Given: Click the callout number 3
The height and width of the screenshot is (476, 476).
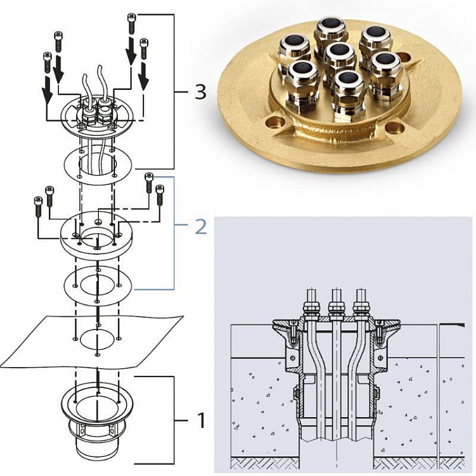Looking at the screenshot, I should [x=200, y=93].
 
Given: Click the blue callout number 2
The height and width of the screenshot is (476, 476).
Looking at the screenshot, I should [x=200, y=226].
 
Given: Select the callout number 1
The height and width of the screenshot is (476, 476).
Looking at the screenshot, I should [x=200, y=419].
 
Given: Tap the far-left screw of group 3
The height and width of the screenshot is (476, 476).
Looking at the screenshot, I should [x=47, y=62].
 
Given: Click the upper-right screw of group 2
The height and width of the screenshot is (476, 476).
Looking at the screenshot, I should [x=150, y=182].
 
